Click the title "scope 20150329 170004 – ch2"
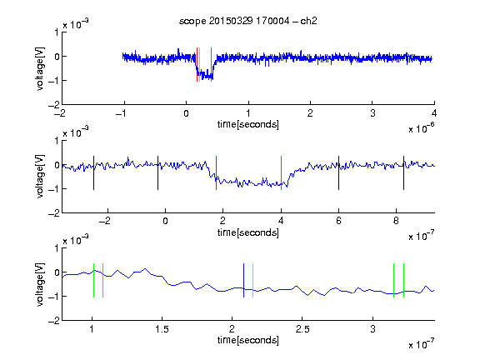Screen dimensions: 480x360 click(x=248, y=21)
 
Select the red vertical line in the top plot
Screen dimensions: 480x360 click(x=197, y=65)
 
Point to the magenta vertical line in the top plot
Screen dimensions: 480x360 click(x=211, y=65)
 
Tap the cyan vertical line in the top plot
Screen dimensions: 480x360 click(x=199, y=65)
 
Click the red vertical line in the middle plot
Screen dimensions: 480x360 click(x=216, y=173)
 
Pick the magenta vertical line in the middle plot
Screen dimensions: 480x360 click(x=281, y=173)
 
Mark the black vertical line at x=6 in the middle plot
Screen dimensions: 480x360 click(x=338, y=173)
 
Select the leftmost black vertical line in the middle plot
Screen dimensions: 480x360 click(x=93, y=173)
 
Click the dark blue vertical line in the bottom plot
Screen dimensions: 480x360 click(x=243, y=280)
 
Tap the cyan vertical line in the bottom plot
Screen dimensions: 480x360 click(x=252, y=280)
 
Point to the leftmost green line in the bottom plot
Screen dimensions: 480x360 click(x=93, y=280)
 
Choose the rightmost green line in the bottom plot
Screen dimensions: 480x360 click(x=404, y=280)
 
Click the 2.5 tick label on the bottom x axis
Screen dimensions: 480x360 click(x=302, y=329)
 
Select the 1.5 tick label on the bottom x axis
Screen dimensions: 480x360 click(x=162, y=329)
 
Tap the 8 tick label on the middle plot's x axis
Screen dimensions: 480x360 click(x=396, y=221)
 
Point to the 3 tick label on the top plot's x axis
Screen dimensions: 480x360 click(x=372, y=113)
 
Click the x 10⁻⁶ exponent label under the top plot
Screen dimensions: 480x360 click(x=422, y=128)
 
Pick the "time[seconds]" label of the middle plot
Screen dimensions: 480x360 click(x=248, y=232)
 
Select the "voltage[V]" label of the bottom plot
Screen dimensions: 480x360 click(x=40, y=284)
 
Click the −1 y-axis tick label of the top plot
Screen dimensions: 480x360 click(x=54, y=81)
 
